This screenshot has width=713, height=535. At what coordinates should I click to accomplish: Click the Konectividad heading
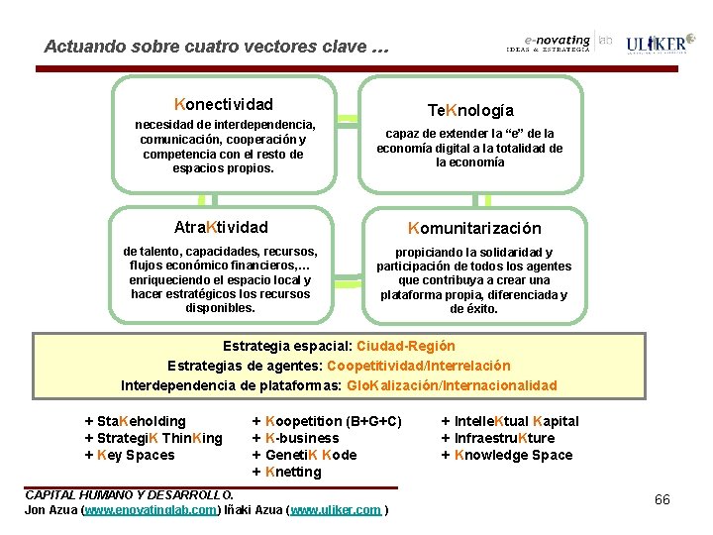224,104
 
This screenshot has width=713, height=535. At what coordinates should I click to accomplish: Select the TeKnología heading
470,110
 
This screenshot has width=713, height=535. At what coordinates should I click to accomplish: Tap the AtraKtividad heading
221,227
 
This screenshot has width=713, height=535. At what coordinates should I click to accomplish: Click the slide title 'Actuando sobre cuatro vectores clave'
217,47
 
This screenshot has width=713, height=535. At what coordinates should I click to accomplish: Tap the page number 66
662,499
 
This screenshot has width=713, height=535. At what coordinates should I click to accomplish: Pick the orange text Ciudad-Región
405,346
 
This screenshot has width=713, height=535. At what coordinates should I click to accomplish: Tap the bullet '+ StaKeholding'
136,421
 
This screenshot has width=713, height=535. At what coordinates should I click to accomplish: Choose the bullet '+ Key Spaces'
130,455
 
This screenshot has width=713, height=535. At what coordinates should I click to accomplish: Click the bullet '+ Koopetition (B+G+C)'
327,421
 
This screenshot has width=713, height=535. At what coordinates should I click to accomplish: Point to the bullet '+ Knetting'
287,472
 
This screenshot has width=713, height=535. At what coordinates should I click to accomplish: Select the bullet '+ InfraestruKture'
497,438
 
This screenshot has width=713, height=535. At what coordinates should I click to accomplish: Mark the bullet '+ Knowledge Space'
506,455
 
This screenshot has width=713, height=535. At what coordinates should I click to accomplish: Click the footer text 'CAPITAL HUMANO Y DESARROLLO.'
129,494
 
